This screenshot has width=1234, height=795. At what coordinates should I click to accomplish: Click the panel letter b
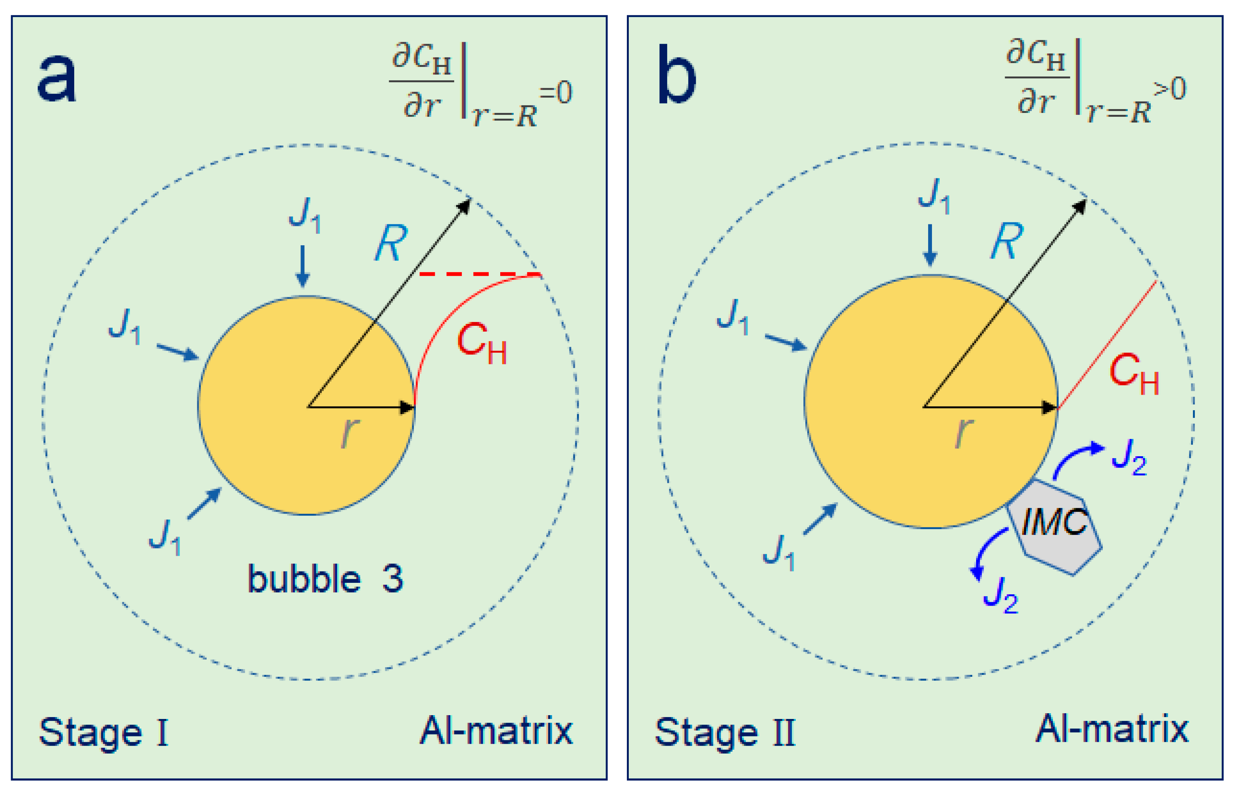[676, 75]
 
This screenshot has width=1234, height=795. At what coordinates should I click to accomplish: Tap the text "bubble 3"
[325, 579]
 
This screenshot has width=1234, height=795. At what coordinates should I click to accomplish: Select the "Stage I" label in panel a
[103, 732]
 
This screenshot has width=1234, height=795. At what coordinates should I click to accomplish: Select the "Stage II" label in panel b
[725, 732]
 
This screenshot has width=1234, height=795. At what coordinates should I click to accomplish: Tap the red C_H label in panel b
[1134, 374]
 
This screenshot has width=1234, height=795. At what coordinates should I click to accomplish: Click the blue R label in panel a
[391, 243]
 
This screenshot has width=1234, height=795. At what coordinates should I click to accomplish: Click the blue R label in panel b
[1006, 241]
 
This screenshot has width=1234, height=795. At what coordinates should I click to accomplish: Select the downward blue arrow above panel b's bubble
[930, 245]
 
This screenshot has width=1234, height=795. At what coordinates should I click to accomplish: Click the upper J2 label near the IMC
[1129, 457]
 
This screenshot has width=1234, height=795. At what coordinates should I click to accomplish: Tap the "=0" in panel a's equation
[556, 93]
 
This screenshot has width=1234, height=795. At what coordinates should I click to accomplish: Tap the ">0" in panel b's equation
[1170, 89]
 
